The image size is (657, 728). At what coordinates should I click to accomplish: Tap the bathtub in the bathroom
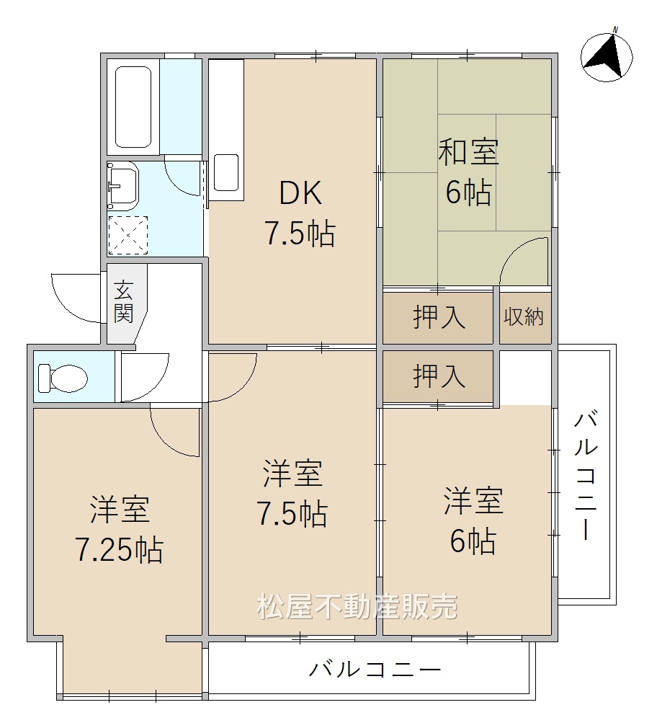133,107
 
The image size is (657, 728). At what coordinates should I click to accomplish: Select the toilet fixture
63,378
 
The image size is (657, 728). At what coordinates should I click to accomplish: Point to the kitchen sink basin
226,172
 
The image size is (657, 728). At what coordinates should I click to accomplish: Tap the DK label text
300,194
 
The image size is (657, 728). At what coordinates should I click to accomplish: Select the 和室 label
469,151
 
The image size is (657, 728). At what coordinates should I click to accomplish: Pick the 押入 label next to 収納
439,318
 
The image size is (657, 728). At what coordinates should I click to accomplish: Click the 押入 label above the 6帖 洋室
439,376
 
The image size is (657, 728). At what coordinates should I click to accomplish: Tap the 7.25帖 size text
120,550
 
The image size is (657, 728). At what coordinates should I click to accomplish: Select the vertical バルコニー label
586,476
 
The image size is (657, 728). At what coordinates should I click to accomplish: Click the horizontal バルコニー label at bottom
375,670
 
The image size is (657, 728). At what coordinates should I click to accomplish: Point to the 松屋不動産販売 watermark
357,606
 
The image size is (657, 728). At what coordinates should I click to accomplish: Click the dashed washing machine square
128,236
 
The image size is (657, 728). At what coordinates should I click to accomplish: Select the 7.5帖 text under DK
300,234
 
